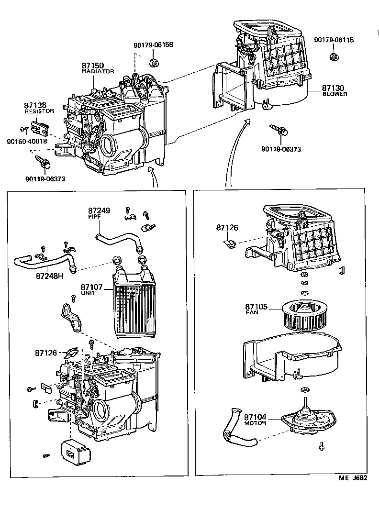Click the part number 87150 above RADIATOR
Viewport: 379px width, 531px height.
point(92,66)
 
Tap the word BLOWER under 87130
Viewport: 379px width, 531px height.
point(334,94)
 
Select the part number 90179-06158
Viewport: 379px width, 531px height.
point(153,45)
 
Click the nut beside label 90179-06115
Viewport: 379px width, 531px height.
point(334,57)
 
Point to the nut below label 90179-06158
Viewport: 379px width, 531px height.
point(155,62)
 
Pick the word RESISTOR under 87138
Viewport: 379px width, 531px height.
point(39,111)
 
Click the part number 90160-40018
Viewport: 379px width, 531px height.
point(27,142)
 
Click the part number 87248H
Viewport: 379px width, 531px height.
point(50,276)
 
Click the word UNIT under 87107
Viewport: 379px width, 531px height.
point(88,293)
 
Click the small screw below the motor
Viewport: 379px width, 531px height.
point(322,446)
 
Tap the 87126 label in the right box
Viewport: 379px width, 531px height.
point(226,228)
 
